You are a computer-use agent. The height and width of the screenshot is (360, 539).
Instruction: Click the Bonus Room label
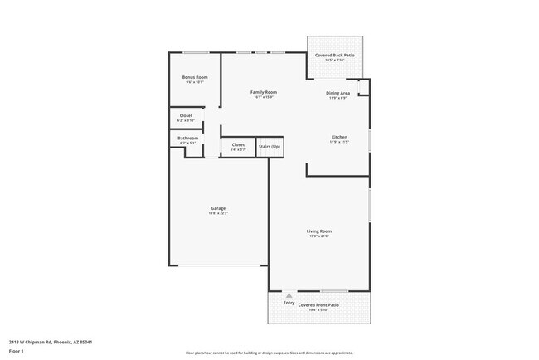pyautogui.click(x=195, y=77)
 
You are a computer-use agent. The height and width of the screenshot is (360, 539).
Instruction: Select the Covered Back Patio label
pyautogui.click(x=335, y=55)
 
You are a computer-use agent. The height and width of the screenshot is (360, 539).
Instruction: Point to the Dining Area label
pyautogui.click(x=337, y=93)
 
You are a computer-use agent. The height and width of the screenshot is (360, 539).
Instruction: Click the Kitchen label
pyautogui.click(x=339, y=136)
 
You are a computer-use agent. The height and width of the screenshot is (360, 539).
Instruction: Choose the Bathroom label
pyautogui.click(x=187, y=138)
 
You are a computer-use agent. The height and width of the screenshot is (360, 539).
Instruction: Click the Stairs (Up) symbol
pyautogui.click(x=269, y=146)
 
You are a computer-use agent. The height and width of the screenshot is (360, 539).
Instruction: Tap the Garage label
pyautogui.click(x=218, y=208)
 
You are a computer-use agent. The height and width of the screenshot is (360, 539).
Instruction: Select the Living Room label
pyautogui.click(x=320, y=231)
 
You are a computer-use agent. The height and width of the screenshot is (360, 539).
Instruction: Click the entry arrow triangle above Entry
pyautogui.click(x=289, y=295)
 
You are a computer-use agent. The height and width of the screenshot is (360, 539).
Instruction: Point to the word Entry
pyautogui.click(x=289, y=303)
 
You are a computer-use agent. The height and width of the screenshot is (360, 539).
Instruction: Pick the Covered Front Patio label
pyautogui.click(x=319, y=305)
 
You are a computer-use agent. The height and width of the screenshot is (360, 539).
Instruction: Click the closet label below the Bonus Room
pyautogui.click(x=186, y=115)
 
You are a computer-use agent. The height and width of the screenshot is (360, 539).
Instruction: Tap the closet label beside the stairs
pyautogui.click(x=238, y=144)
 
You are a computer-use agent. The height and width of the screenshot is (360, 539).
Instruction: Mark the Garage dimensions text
pyautogui.click(x=218, y=214)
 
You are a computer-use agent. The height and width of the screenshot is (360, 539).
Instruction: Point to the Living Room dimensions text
pyautogui.click(x=320, y=236)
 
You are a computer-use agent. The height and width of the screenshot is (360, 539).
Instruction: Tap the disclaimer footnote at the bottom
pyautogui.click(x=269, y=353)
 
